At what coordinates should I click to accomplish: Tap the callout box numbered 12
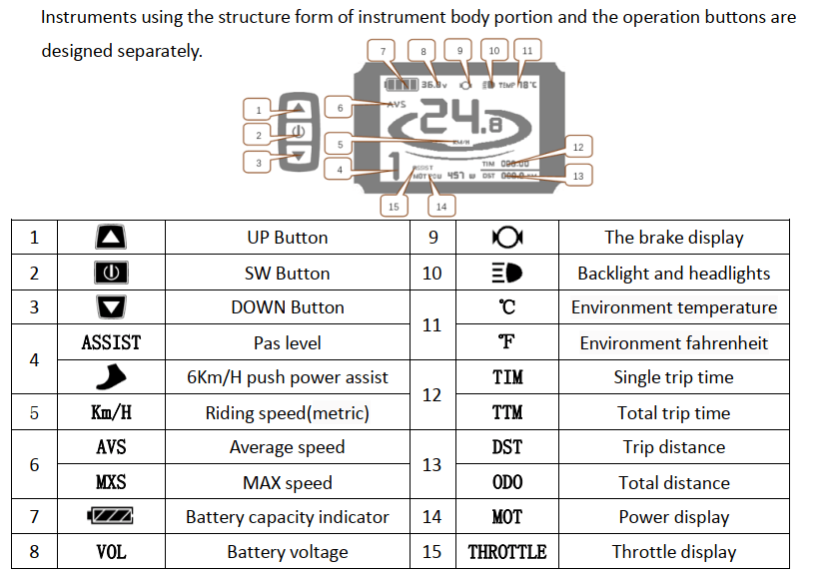click(x=577, y=147)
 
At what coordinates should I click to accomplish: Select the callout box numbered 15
click(x=394, y=206)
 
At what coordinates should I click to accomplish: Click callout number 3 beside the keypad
click(x=258, y=162)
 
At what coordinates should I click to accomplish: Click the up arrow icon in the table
click(x=111, y=238)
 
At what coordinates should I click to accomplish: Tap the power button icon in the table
click(x=111, y=273)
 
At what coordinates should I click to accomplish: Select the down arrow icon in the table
click(x=111, y=307)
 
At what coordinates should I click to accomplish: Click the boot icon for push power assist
click(x=111, y=377)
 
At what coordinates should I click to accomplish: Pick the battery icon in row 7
click(x=111, y=517)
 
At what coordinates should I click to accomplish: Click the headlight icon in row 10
click(x=507, y=273)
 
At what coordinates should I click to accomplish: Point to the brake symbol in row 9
click(x=507, y=238)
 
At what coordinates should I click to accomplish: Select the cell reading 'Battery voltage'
click(x=288, y=552)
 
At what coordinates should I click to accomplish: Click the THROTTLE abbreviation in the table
click(x=507, y=552)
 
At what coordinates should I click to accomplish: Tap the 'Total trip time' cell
click(x=673, y=412)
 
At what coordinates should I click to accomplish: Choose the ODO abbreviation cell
click(x=507, y=482)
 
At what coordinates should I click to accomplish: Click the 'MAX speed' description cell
click(x=288, y=482)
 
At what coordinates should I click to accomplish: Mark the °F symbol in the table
click(x=507, y=342)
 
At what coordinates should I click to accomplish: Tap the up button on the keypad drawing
click(x=298, y=109)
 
